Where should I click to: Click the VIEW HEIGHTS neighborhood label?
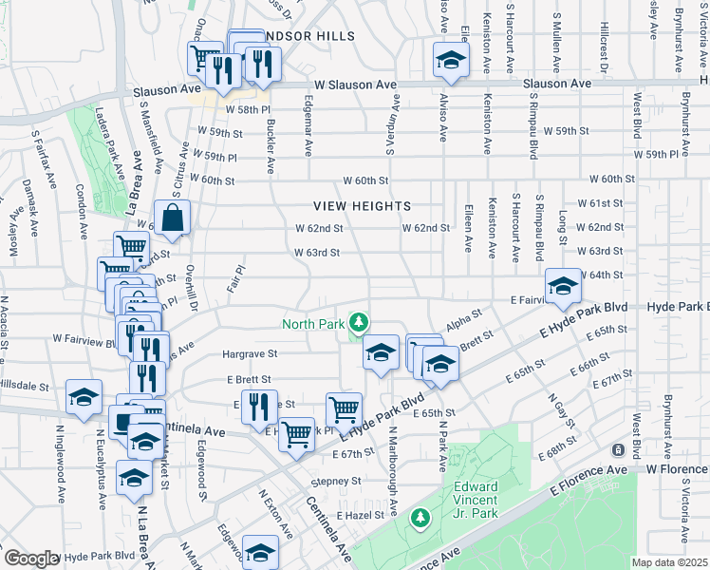coord(364,206)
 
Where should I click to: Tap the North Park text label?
coord(312,324)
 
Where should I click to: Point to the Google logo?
coord(31,558)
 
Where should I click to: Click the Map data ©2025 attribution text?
coord(670,562)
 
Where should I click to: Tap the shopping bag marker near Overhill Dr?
coord(174,218)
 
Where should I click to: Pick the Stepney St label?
coord(338,481)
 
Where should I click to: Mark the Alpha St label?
coord(464,318)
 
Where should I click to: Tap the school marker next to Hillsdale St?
coord(84,398)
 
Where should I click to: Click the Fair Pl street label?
coord(234,279)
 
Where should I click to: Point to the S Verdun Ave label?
coord(388,127)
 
